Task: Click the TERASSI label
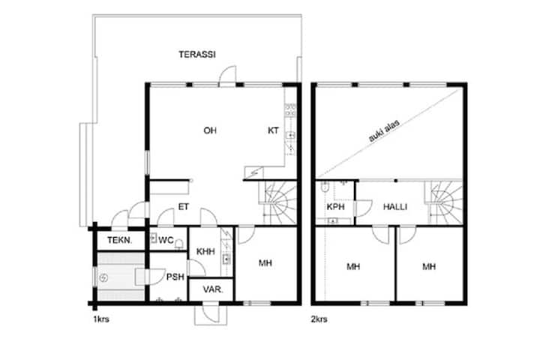pyautogui.click(x=197, y=55)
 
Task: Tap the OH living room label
pyautogui.click(x=210, y=130)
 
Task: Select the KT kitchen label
pyautogui.click(x=274, y=130)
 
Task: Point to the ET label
pyautogui.click(x=184, y=207)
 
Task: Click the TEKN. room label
pyautogui.click(x=119, y=240)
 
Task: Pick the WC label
pyautogui.click(x=166, y=240)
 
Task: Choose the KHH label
pyautogui.click(x=205, y=251)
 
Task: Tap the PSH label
pyautogui.click(x=175, y=277)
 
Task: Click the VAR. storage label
pyautogui.click(x=213, y=289)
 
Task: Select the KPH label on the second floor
pyautogui.click(x=335, y=207)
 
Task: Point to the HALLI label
pyautogui.click(x=395, y=207)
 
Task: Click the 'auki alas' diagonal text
pyautogui.click(x=384, y=131)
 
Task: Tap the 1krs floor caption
pyautogui.click(x=101, y=319)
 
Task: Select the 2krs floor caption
pyautogui.click(x=319, y=319)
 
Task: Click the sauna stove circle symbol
pyautogui.click(x=103, y=277)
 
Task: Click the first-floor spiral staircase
pyautogui.click(x=277, y=202)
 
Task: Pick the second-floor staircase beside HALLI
pyautogui.click(x=444, y=202)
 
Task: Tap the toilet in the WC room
pyautogui.click(x=179, y=244)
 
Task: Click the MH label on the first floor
pyautogui.click(x=265, y=263)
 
